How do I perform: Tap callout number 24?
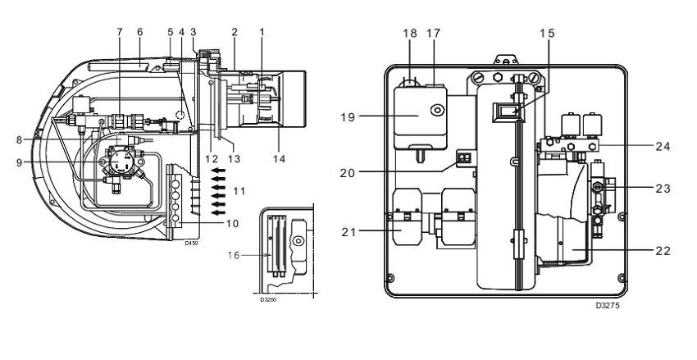pos(663,148)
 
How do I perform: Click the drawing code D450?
pos(190,244)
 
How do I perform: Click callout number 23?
pos(663,189)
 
